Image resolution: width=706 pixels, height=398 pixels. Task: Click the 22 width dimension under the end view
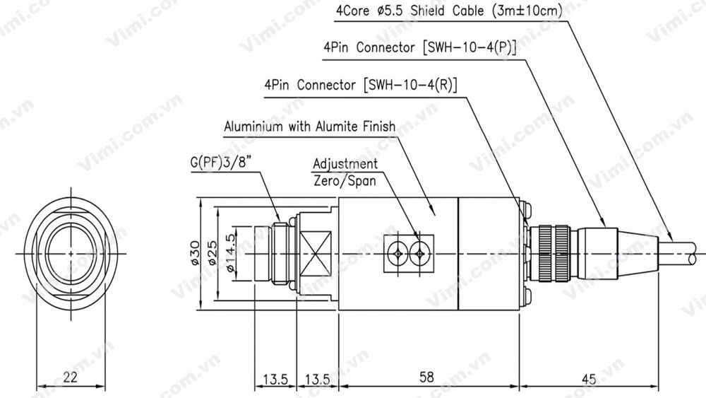(x=69, y=377)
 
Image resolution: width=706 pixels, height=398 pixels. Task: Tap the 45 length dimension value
(x=588, y=378)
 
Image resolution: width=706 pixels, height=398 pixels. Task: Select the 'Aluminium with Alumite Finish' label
(x=309, y=127)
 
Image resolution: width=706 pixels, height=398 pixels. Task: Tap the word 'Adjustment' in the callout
(x=345, y=164)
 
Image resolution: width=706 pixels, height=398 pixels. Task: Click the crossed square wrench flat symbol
(x=317, y=253)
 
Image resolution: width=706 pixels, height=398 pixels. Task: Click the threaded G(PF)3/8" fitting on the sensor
(x=281, y=253)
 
